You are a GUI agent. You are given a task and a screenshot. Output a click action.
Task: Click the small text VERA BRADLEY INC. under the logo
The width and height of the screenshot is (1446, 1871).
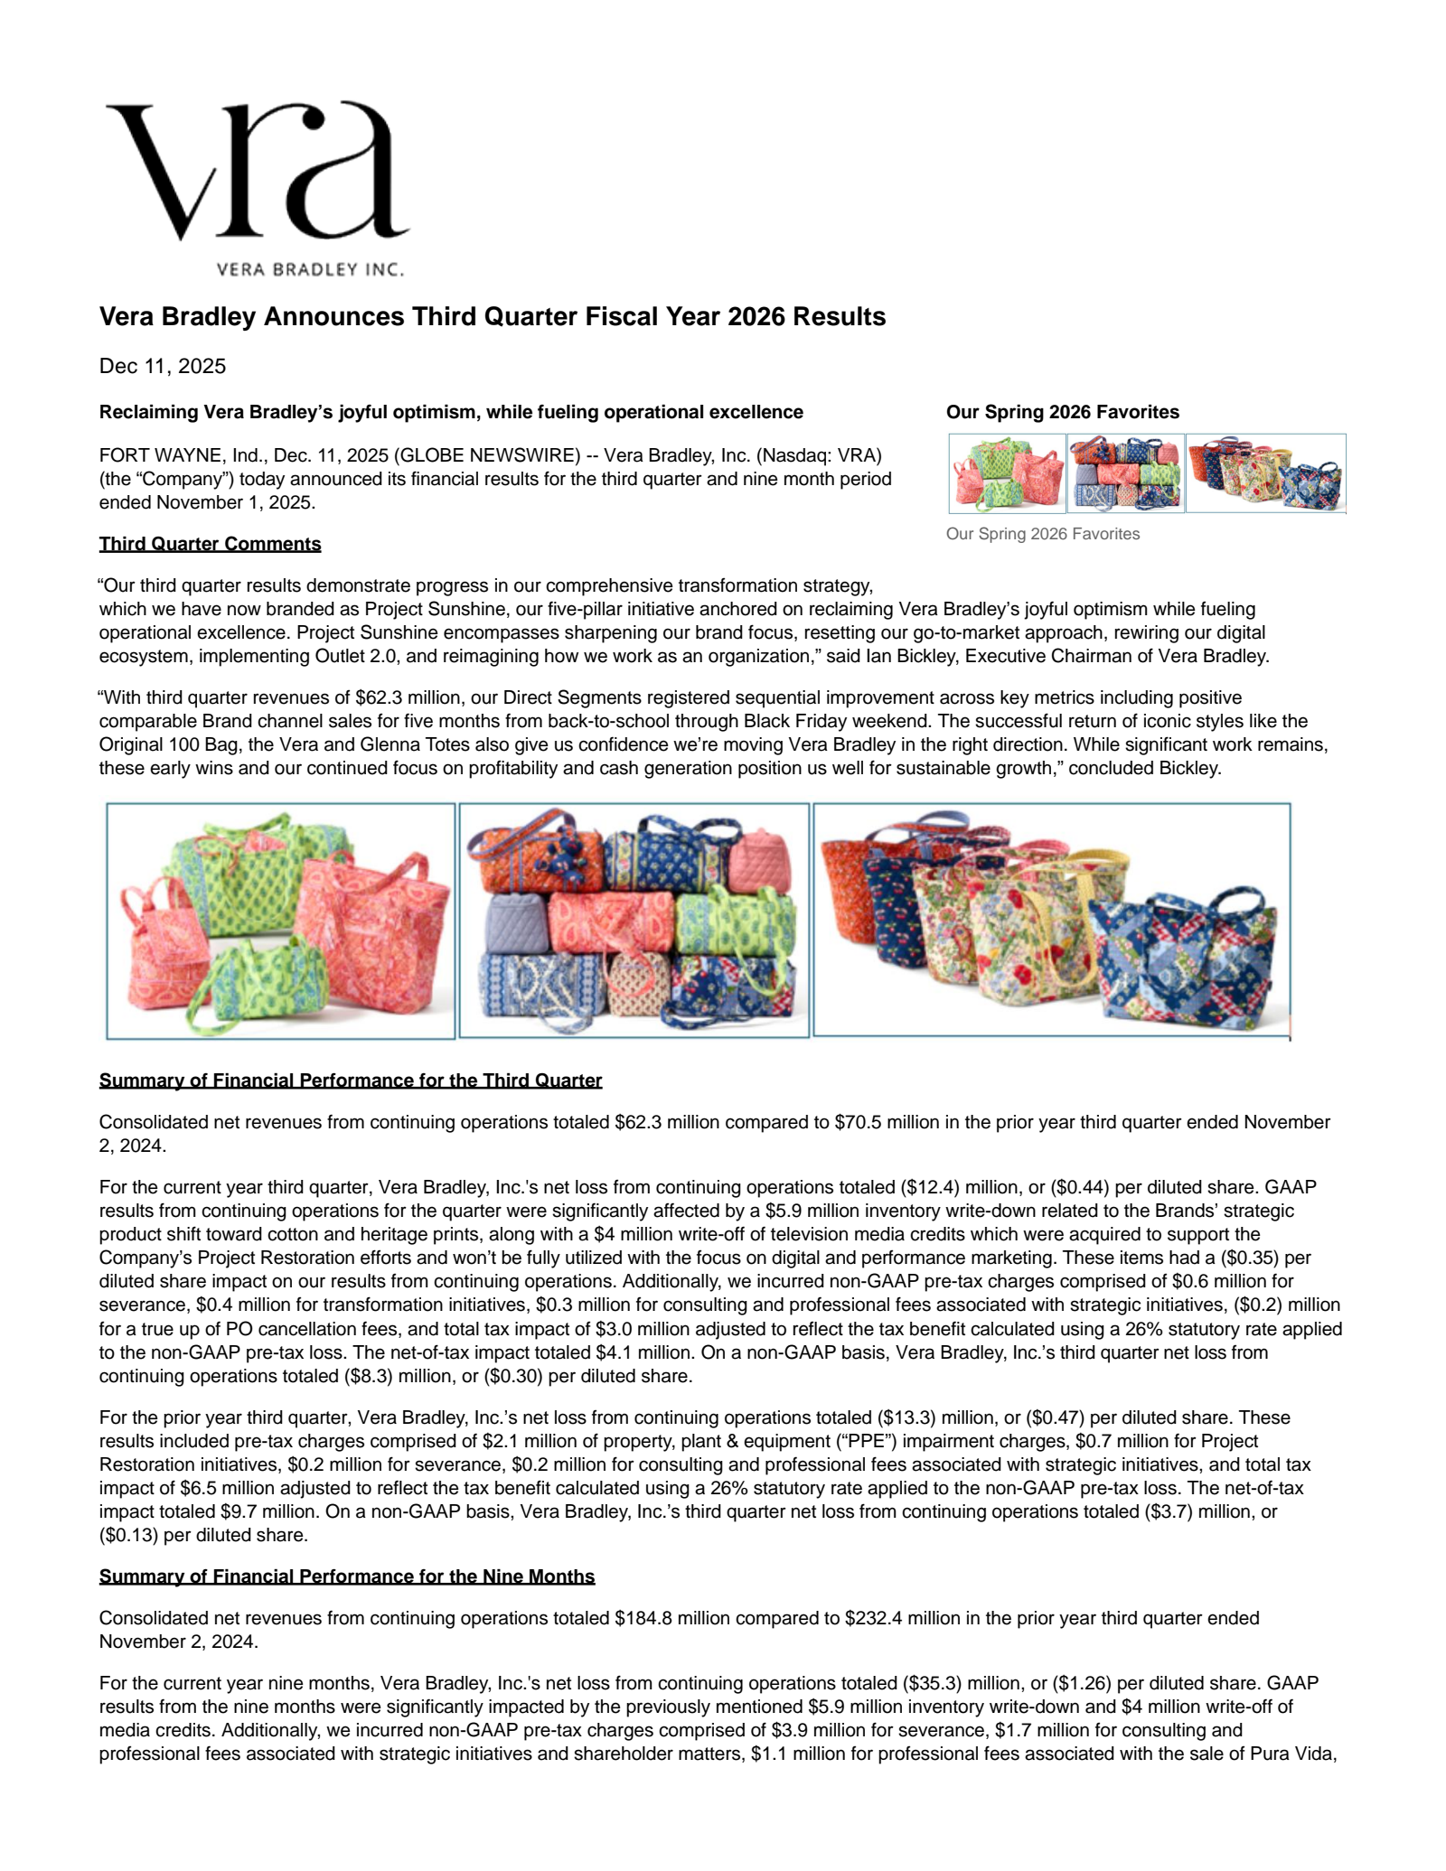pos(310,269)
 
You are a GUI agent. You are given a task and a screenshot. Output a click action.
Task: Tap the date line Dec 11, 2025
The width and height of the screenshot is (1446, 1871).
pos(163,366)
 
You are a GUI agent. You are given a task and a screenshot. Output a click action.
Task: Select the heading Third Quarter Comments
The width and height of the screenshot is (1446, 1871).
pos(210,544)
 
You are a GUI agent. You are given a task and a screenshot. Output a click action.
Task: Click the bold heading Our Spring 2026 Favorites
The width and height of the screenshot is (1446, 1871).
pos(1062,412)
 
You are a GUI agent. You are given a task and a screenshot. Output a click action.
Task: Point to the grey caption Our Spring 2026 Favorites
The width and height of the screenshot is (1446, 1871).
pos(1042,534)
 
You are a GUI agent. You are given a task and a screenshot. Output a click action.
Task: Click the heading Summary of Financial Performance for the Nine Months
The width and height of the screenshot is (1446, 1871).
pos(346,1576)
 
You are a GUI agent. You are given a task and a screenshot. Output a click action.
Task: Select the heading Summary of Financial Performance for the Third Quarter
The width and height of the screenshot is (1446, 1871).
pos(350,1081)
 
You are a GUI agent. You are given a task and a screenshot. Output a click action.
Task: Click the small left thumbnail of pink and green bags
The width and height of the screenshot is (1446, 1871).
pos(1007,473)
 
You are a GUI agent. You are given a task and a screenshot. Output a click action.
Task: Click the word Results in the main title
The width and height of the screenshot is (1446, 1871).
pos(840,317)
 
